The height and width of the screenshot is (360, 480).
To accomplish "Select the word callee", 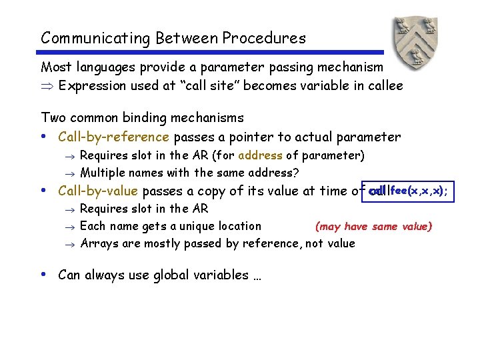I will (383, 85).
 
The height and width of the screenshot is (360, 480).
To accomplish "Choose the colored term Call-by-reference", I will (114, 137).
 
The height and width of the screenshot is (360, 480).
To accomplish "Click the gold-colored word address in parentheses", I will (260, 156).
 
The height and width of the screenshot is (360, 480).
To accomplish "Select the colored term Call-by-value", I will (98, 191).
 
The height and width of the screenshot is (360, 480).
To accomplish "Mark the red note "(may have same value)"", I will (373, 227).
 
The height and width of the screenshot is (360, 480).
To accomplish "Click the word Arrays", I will (99, 243).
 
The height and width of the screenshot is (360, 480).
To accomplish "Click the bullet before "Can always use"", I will (44, 274).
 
